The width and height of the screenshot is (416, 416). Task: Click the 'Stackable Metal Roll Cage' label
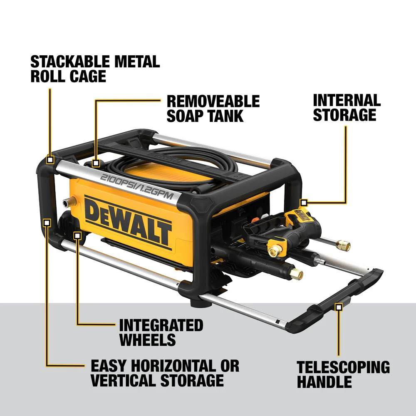(95, 69)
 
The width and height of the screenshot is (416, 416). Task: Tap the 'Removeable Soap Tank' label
(213, 108)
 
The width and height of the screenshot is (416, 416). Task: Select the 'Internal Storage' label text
(347, 107)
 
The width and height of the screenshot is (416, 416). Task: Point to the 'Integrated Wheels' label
(161, 332)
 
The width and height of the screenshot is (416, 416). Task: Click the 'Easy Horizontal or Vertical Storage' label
(165, 373)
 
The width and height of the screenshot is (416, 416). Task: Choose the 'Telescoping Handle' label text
(343, 374)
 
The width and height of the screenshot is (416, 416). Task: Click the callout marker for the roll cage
(50, 160)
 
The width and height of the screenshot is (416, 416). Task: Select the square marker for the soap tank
(96, 163)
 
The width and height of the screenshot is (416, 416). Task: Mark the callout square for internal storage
(304, 203)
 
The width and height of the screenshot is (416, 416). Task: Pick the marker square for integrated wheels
(77, 235)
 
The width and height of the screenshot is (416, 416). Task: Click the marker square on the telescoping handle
(339, 307)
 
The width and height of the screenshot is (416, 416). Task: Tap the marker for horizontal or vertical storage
(47, 222)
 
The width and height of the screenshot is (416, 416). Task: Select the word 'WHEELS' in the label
(147, 339)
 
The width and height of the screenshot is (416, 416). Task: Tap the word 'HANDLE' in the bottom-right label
(324, 381)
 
